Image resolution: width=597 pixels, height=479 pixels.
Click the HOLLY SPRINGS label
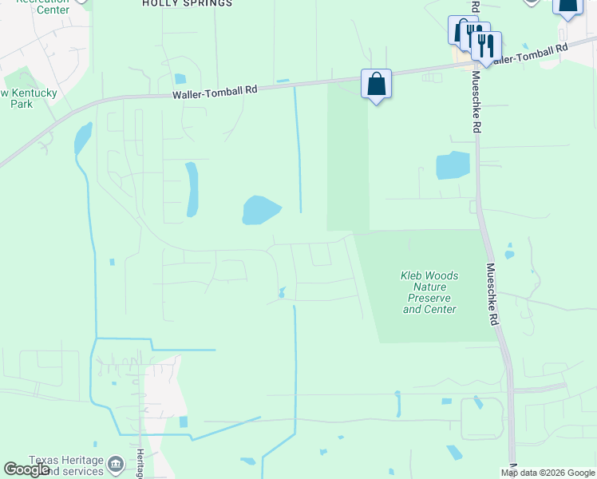tap(187, 3)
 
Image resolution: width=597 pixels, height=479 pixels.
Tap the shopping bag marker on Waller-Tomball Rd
tap(376, 84)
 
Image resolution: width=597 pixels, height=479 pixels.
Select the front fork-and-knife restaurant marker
tap(485, 45)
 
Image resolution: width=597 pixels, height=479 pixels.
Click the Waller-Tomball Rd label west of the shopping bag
tap(215, 93)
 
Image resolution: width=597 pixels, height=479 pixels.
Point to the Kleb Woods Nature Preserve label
tap(429, 292)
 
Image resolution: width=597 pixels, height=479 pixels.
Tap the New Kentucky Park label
tap(27, 98)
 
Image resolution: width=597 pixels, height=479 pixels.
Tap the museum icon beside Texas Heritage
tap(116, 464)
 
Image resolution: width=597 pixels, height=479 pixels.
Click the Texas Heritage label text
tap(67, 461)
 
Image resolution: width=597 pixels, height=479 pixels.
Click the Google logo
tap(27, 469)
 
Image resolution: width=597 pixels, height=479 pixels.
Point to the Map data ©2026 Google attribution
tap(547, 473)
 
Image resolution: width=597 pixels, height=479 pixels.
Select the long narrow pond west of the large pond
tap(192, 189)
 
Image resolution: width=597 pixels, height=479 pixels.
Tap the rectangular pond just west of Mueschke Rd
tap(453, 165)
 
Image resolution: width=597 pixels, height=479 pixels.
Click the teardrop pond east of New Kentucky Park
tap(82, 138)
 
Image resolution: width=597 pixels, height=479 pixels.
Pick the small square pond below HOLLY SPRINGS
tap(180, 78)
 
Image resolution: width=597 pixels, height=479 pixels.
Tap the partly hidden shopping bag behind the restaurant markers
tap(460, 29)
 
